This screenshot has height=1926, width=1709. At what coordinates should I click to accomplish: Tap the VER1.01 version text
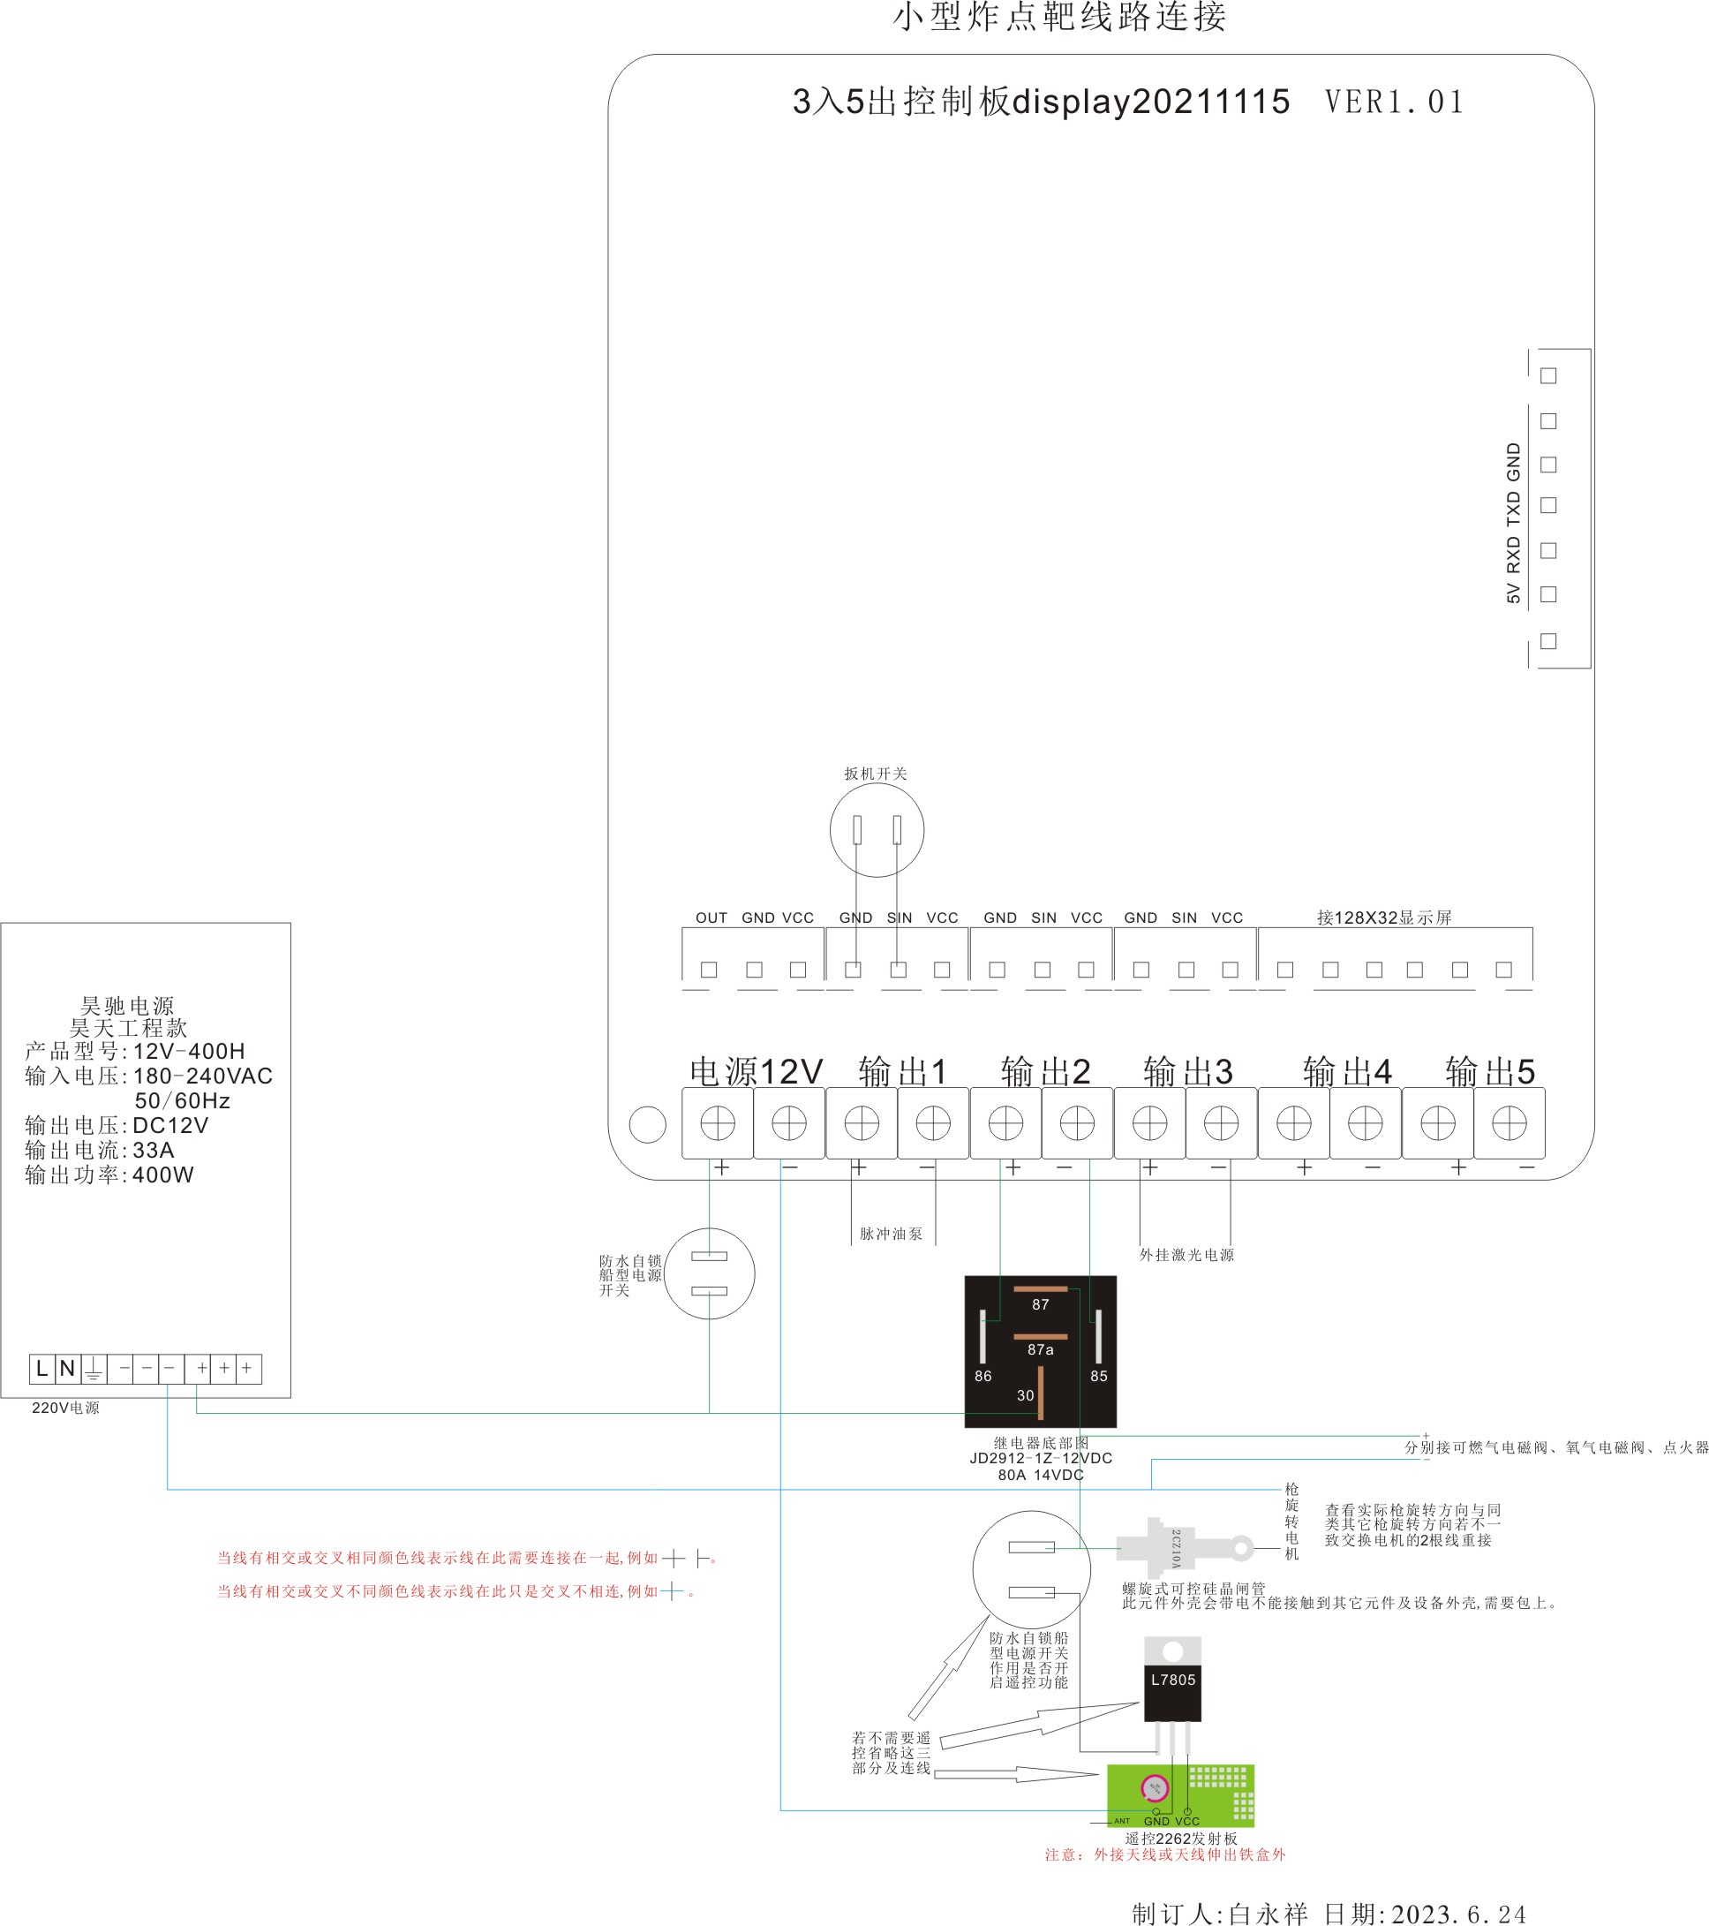point(1395,102)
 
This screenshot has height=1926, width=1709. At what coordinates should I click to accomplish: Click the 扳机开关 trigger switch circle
point(877,830)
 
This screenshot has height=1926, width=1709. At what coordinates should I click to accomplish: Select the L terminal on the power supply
point(41,1368)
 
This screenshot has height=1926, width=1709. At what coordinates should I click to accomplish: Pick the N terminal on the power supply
point(67,1368)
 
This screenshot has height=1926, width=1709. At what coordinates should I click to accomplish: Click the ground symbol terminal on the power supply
point(94,1369)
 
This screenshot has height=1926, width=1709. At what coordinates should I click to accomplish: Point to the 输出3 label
point(1187,1071)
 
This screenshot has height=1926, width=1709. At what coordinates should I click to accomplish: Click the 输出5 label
point(1490,1071)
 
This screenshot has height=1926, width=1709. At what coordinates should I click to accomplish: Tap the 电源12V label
point(757,1071)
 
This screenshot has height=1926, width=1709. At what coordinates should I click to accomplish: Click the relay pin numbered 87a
point(1040,1349)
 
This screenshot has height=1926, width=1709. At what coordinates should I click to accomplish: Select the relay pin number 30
point(1025,1395)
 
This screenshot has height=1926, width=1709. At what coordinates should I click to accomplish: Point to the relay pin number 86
point(982,1376)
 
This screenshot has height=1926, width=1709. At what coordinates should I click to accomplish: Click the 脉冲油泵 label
point(891,1234)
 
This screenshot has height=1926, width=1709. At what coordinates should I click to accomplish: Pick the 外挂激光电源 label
point(1186,1255)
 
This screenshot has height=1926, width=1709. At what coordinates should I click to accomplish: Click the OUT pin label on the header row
point(711,918)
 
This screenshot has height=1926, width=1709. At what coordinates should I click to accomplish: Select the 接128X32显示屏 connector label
point(1384,918)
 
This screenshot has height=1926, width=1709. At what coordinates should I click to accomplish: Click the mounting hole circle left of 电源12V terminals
point(647,1124)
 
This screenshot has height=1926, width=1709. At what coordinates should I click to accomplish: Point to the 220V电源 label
point(65,1408)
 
